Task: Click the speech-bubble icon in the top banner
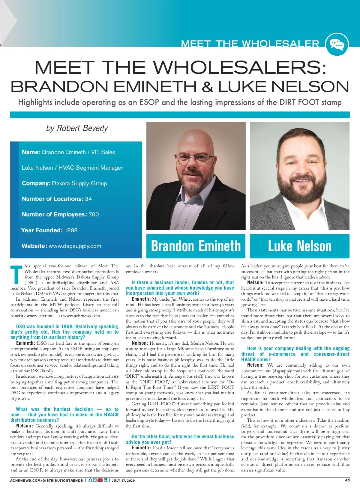[337, 45]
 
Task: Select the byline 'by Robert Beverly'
[77, 128]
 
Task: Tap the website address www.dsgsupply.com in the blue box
[75, 246]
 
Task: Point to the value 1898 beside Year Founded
[71, 230]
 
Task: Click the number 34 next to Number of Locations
[88, 199]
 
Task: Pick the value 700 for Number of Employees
[94, 214]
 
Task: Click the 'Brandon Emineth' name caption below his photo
[196, 246]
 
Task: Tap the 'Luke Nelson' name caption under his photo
[299, 246]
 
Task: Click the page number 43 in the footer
[347, 480]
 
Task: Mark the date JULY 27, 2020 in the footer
[123, 481]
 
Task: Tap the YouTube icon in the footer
[100, 481]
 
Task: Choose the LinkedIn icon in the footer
[105, 481]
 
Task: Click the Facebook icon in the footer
[90, 481]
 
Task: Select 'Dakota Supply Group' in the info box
[79, 183]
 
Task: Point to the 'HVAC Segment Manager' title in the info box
[91, 168]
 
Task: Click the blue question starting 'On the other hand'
[180, 439]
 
